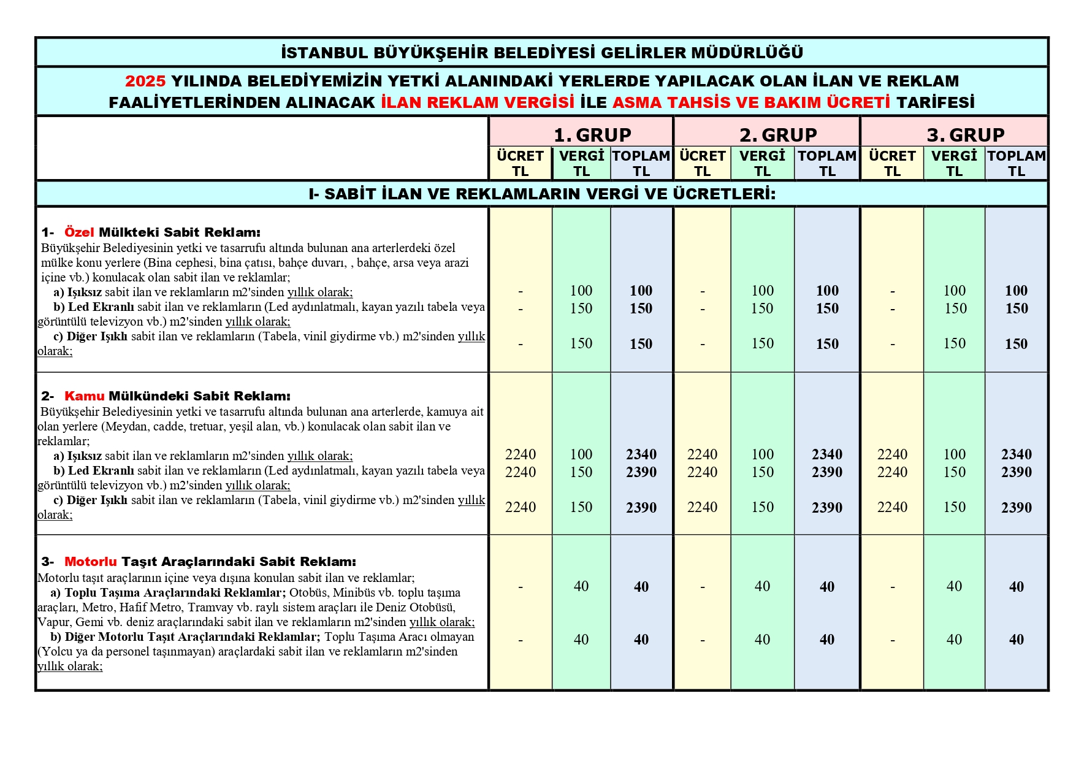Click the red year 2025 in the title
pyautogui.click(x=145, y=81)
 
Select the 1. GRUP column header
pyautogui.click(x=592, y=134)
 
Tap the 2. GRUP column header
pyautogui.click(x=778, y=134)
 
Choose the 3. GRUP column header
pyautogui.click(x=966, y=134)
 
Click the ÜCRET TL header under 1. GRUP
pyautogui.click(x=520, y=163)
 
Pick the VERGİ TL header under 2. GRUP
pyautogui.click(x=762, y=163)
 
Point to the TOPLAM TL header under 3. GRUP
pyautogui.click(x=1017, y=163)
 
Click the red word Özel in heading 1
pyautogui.click(x=79, y=232)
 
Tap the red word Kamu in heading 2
pyautogui.click(x=84, y=396)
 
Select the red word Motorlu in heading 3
pyautogui.click(x=90, y=562)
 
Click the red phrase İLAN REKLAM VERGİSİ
pyautogui.click(x=478, y=102)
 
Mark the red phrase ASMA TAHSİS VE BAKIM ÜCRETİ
pyautogui.click(x=751, y=102)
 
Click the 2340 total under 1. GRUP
pyautogui.click(x=641, y=454)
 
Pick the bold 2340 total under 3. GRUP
pyautogui.click(x=1017, y=454)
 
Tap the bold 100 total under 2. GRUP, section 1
pyautogui.click(x=827, y=291)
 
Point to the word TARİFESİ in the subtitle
pyautogui.click(x=936, y=102)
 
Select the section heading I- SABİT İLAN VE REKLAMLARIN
pyautogui.click(x=542, y=194)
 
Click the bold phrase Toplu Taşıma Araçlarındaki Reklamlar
pyautogui.click(x=175, y=593)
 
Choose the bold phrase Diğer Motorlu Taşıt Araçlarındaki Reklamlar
pyautogui.click(x=193, y=637)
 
